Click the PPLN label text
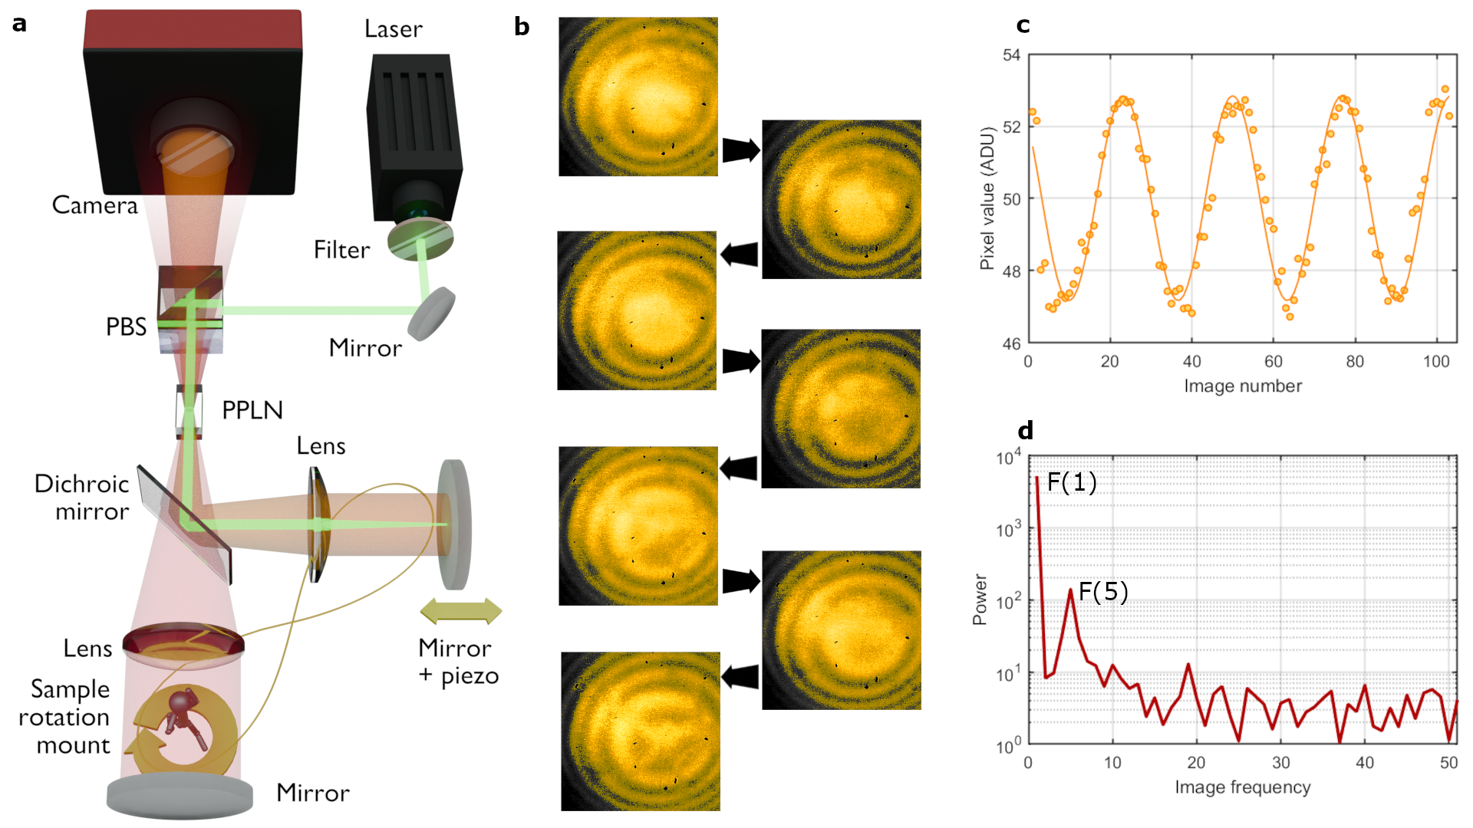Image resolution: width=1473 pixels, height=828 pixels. pos(252,410)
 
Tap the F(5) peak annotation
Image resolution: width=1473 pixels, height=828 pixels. pos(1102,591)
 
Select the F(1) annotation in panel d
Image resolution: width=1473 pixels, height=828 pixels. pos(1071,481)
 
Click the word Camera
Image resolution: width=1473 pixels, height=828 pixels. pos(94,205)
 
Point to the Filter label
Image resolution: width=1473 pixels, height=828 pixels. pos(341,250)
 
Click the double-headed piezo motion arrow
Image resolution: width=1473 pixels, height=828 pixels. pos(460,611)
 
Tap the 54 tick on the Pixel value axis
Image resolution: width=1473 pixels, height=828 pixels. pos(1011,55)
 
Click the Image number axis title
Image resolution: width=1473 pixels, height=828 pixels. pos(1242,386)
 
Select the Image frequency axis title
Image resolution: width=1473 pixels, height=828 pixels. pos(1242,787)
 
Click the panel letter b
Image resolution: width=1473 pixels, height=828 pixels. pos(522,27)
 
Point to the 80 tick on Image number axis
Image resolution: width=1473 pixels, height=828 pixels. pos(1354,362)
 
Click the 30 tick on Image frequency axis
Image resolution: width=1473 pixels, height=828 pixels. pos(1280,763)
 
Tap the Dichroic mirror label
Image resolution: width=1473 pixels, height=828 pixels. pos(82,498)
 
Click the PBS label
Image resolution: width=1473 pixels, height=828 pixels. pos(126,327)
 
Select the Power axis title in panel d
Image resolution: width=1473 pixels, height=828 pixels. pos(980,599)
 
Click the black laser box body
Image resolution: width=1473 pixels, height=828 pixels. pos(414,130)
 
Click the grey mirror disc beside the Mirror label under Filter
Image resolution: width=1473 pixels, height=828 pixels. pos(431,314)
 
